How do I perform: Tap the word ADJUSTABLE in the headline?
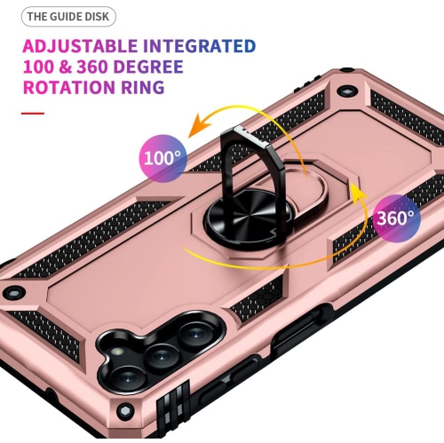pos(80,45)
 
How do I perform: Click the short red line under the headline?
pos(33,114)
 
